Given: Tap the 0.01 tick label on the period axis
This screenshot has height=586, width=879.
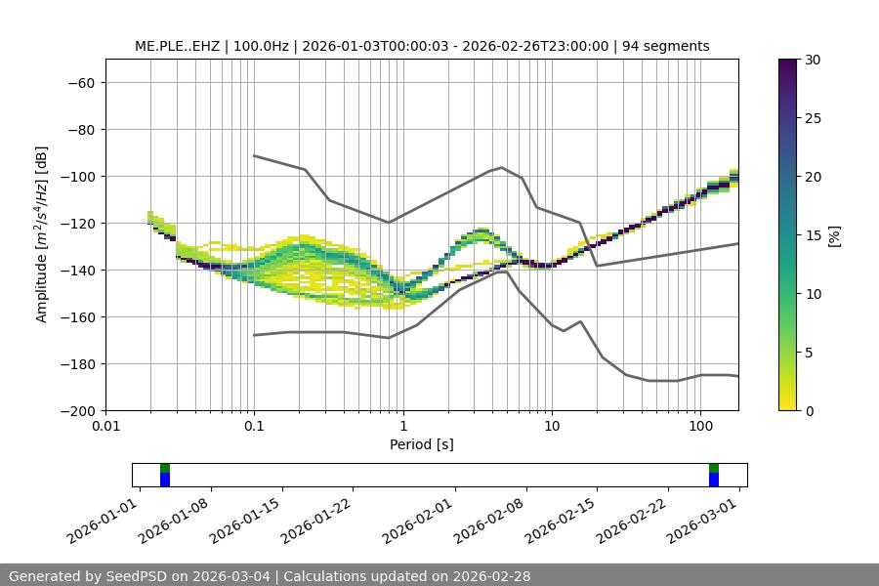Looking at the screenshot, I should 105,427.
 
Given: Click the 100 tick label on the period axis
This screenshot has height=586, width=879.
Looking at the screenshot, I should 700,427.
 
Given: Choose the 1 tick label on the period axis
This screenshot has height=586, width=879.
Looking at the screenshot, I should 403,427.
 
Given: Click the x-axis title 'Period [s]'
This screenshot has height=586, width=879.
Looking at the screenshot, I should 422,444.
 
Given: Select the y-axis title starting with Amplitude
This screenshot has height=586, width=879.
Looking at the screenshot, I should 42,235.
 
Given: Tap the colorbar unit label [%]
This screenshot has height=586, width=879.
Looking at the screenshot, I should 834,235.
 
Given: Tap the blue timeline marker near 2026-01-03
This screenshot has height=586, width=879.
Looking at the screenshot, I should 165,480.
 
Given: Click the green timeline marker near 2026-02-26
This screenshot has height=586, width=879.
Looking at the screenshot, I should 714,468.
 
